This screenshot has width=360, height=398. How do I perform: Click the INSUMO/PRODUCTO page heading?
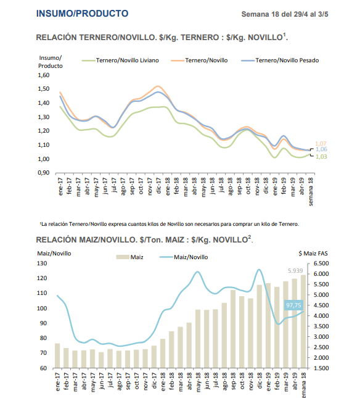(82, 14)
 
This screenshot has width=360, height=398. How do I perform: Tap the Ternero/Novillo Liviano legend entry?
(120, 60)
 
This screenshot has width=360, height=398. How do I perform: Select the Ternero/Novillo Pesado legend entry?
(280, 60)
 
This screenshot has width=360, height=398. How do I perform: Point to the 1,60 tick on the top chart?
(44, 75)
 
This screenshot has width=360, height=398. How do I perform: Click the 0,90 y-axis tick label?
(44, 173)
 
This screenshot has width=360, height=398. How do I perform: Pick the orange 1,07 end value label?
(321, 144)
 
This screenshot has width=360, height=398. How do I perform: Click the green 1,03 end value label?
(321, 157)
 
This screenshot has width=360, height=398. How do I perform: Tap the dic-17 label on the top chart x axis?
(158, 186)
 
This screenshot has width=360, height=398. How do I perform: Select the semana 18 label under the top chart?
(311, 191)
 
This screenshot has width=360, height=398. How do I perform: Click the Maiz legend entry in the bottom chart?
(129, 257)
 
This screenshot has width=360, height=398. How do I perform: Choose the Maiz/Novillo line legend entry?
(184, 257)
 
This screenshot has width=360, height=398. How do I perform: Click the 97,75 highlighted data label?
(293, 305)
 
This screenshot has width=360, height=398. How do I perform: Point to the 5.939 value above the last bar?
(295, 271)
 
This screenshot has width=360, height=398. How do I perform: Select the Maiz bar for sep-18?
(233, 329)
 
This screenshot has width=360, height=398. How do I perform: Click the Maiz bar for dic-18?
(260, 326)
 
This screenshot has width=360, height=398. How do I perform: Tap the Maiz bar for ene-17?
(57, 355)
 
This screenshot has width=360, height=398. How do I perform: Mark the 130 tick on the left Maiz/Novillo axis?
(42, 263)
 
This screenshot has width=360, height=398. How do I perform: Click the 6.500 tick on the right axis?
(321, 263)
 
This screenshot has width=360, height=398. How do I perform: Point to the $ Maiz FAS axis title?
(313, 254)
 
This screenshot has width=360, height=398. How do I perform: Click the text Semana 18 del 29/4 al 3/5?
(285, 14)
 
